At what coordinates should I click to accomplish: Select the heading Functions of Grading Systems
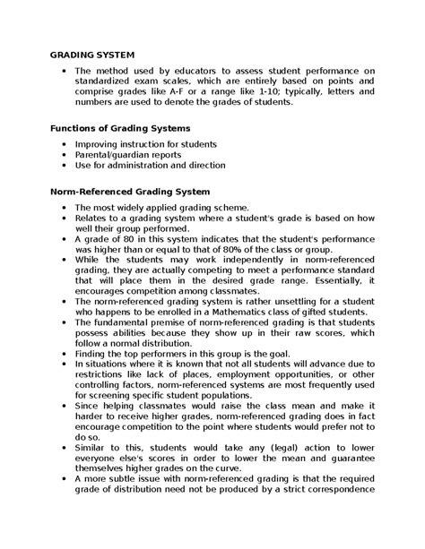119,129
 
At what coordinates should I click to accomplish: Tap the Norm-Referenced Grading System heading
130,192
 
